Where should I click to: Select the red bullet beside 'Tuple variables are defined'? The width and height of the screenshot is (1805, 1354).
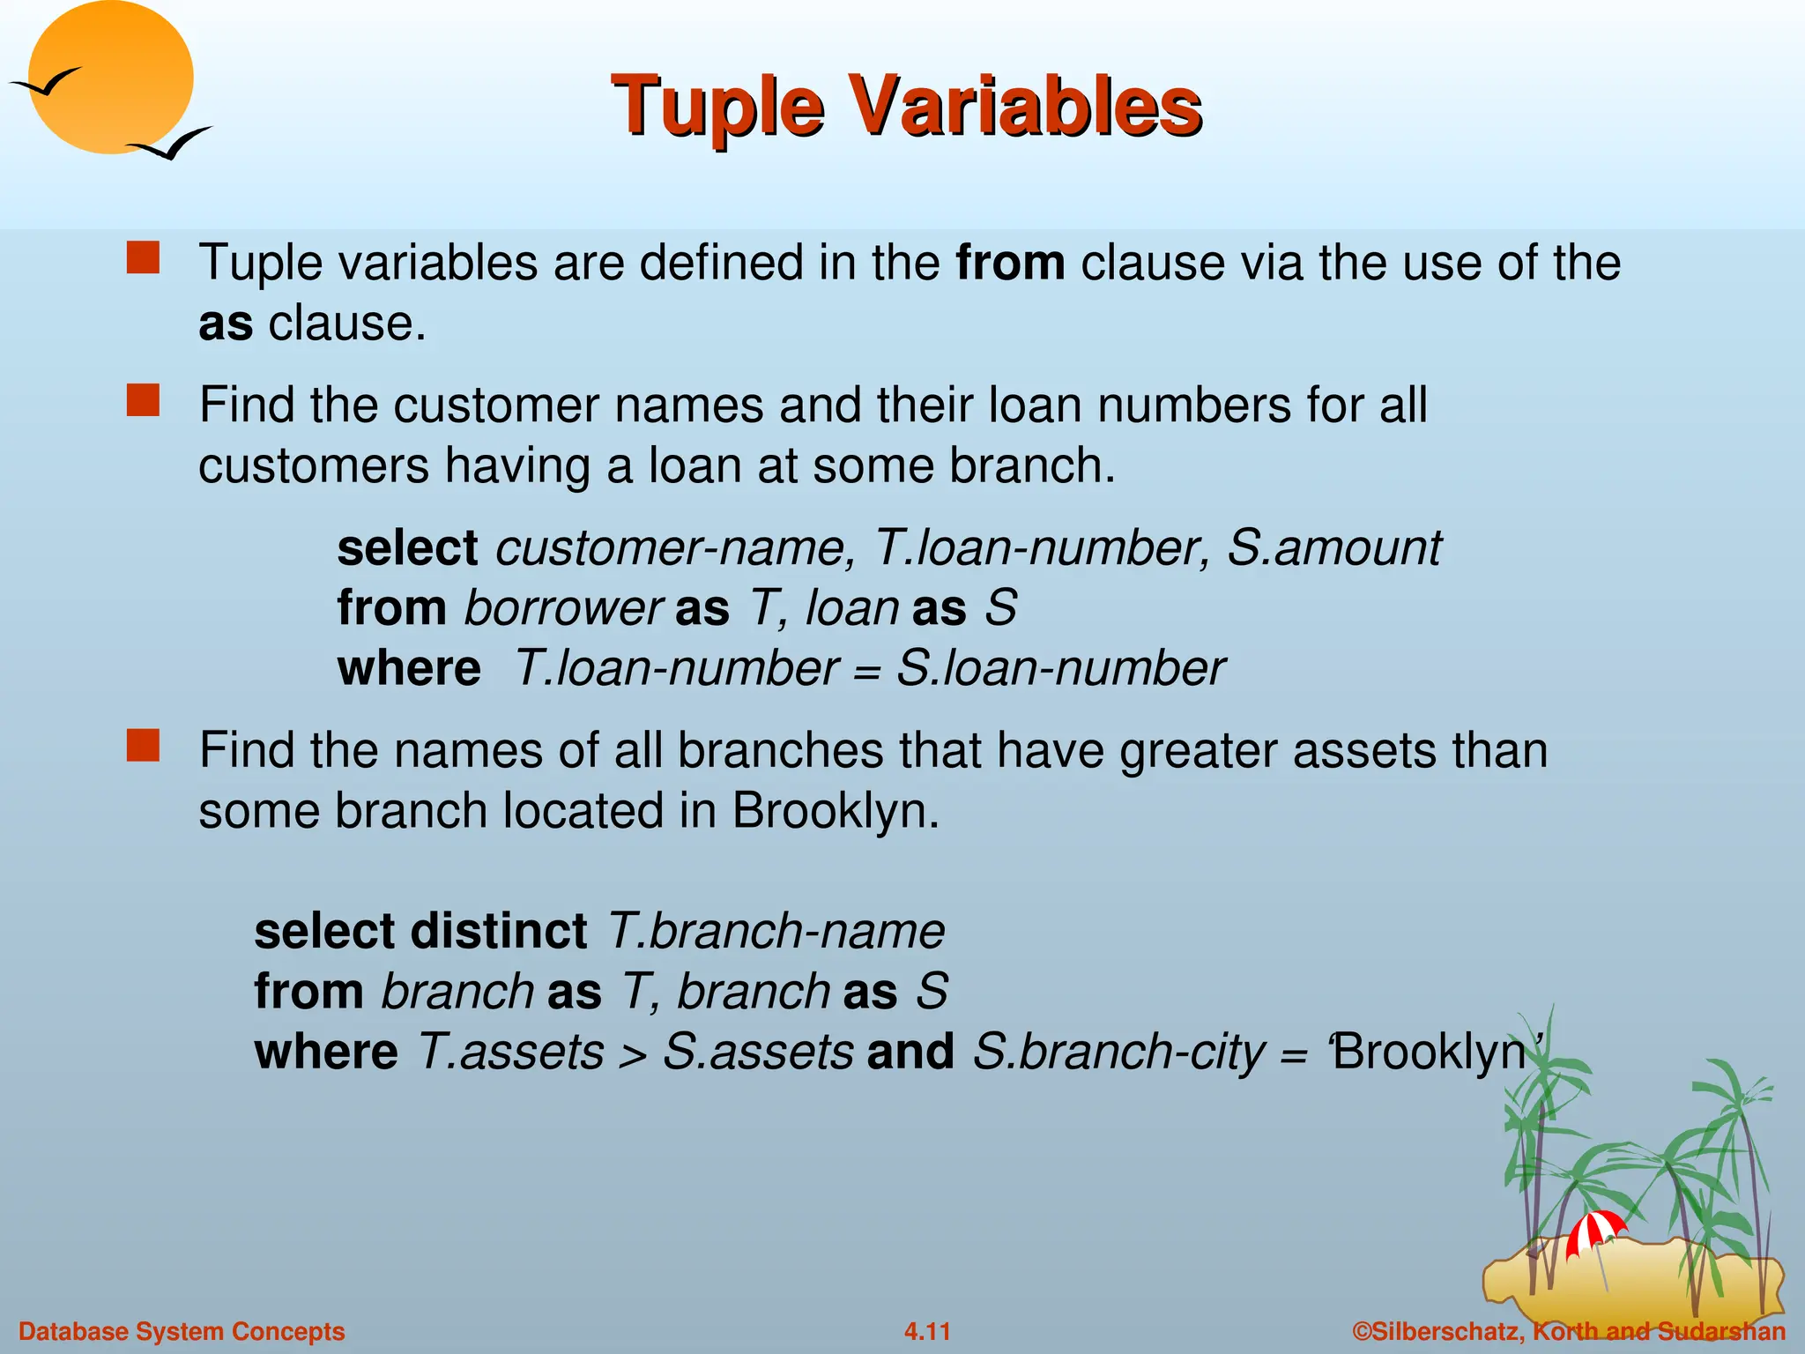coord(143,259)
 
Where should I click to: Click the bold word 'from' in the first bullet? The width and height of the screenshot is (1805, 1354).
coord(1010,263)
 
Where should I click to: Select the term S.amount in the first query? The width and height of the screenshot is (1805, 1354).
coord(1333,548)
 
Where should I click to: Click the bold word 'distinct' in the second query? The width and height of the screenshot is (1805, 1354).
coord(499,932)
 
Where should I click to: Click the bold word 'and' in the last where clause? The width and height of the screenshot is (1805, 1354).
coord(910,1052)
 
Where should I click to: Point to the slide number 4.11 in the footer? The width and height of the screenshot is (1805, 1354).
coord(927,1331)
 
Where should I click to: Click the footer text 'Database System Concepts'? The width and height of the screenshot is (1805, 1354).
coord(182,1331)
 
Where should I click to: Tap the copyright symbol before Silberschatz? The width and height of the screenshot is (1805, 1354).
coord(1362,1331)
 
